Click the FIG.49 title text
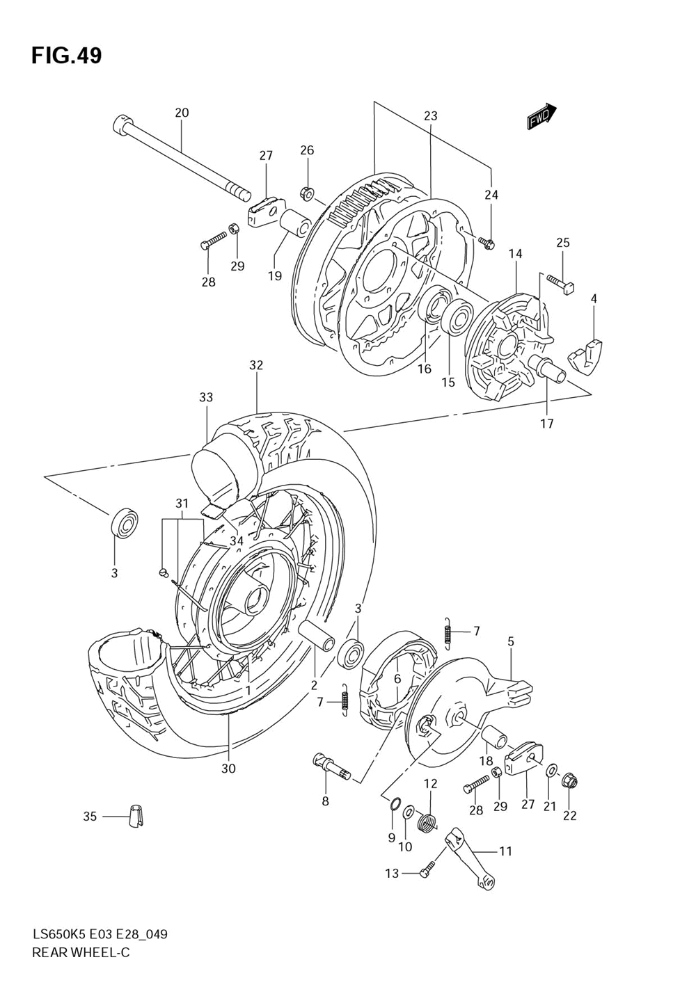point(66,56)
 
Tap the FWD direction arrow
point(541,117)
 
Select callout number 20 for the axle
point(182,113)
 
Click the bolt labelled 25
point(558,284)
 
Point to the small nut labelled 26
point(308,192)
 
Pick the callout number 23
point(430,115)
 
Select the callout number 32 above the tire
point(256,365)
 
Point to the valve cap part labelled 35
point(136,816)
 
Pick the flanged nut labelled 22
point(569,783)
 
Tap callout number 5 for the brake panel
point(510,641)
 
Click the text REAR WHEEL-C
point(81,952)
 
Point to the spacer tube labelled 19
point(296,224)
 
